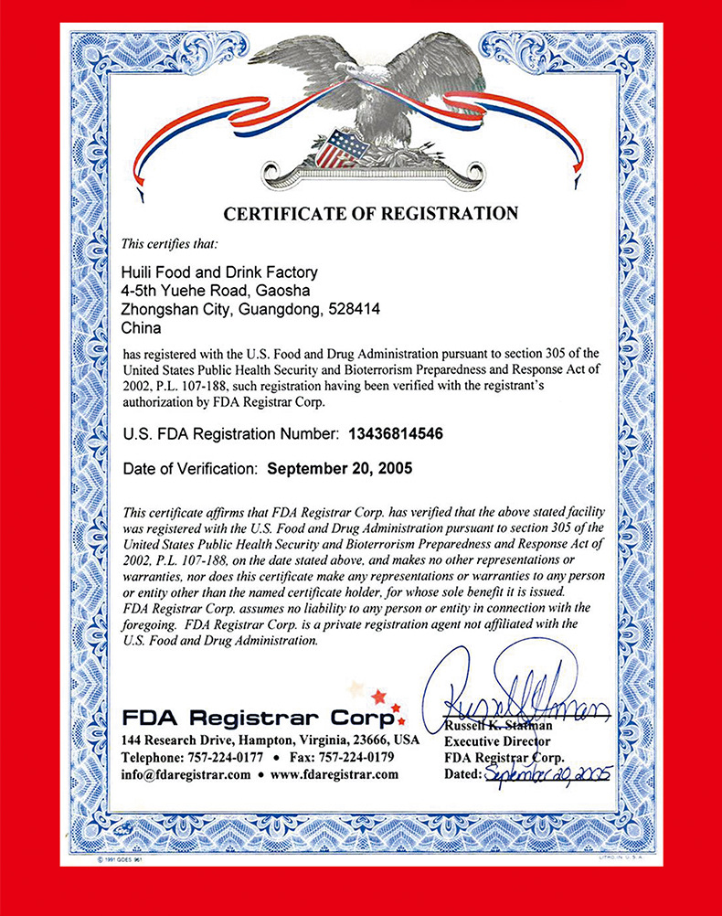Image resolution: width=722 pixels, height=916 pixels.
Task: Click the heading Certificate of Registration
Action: point(370,214)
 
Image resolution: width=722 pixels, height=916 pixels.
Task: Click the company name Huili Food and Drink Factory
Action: point(219,272)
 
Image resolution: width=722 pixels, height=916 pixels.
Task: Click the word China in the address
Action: point(141,328)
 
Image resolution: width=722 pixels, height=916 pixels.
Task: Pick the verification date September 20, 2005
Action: point(340,468)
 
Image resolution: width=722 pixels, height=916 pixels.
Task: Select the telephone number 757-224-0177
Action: point(225,757)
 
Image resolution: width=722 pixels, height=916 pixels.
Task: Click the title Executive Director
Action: point(498,742)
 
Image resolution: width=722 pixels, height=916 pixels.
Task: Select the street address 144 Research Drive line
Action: point(271,740)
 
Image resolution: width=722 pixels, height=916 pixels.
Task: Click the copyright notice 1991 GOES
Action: point(122,861)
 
